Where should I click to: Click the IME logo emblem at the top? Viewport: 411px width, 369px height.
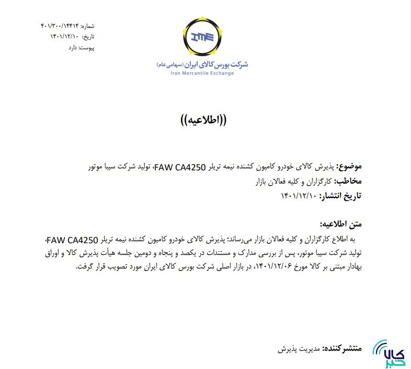click(202, 37)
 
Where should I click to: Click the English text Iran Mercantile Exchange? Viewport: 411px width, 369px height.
click(202, 73)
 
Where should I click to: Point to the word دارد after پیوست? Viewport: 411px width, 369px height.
click(72, 47)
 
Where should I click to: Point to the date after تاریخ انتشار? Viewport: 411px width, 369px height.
click(299, 197)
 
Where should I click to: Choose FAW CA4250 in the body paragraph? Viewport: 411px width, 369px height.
click(72, 240)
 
